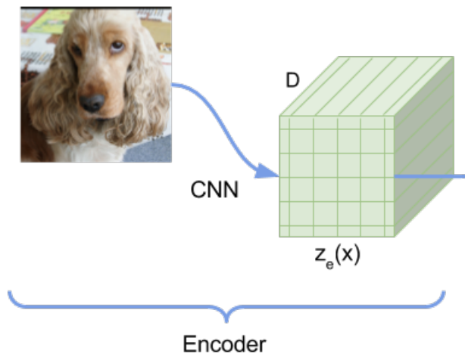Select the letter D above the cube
coord(292,81)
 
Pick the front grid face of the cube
coord(336,175)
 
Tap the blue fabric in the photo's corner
coord(151,151)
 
